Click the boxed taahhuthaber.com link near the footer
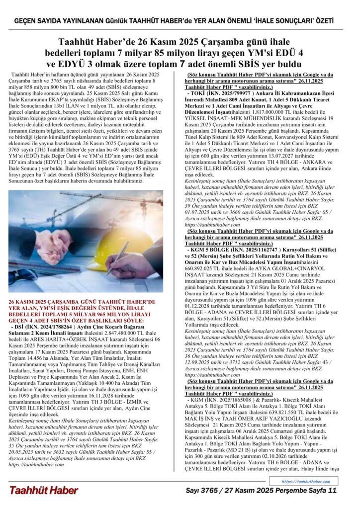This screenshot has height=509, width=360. point(305,481)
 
